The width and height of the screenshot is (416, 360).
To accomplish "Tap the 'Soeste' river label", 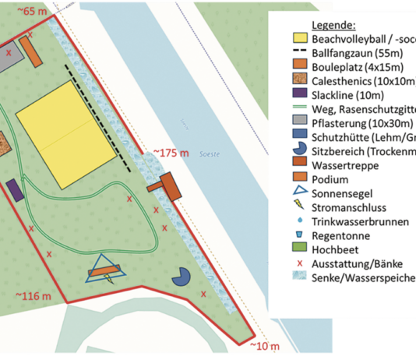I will [209, 154].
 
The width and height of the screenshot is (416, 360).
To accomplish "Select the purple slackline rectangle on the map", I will [15, 191].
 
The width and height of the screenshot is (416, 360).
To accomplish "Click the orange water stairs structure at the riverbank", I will [166, 185].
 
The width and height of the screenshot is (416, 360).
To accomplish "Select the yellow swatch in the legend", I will [299, 38].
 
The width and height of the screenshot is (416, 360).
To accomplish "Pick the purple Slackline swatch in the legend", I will [299, 94].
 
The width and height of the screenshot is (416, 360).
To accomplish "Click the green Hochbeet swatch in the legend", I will [299, 249].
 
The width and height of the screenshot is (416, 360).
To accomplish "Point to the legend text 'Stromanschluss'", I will [350, 207].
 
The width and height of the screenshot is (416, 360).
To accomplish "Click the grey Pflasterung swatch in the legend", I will [299, 122].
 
